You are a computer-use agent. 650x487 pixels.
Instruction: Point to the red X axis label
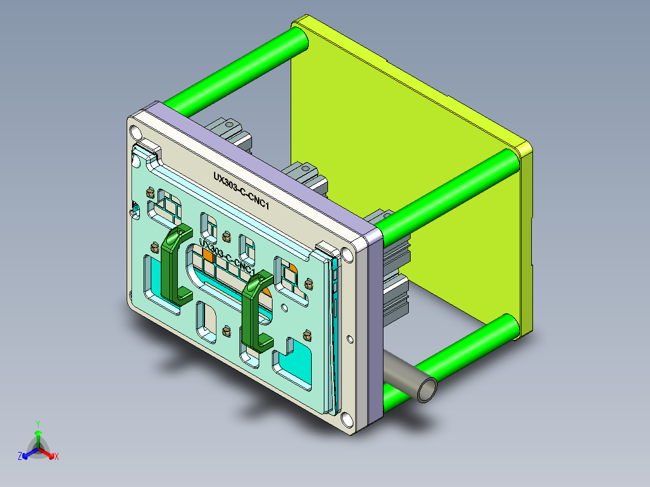56,456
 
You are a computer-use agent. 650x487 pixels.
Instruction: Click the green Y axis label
37,423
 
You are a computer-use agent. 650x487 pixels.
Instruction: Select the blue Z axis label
20,456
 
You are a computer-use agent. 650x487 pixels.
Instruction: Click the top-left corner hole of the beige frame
133,131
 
